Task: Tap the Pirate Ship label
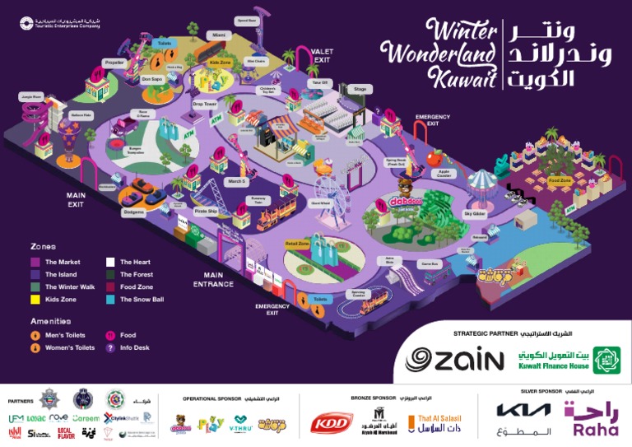[206, 212]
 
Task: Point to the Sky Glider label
[476, 213]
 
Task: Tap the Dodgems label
[134, 212]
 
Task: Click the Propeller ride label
[114, 63]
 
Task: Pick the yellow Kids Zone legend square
[35, 300]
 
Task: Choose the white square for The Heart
[109, 262]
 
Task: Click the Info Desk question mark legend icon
[109, 348]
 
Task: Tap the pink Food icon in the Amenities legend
[109, 336]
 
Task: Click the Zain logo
[453, 360]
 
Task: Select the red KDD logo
[332, 423]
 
